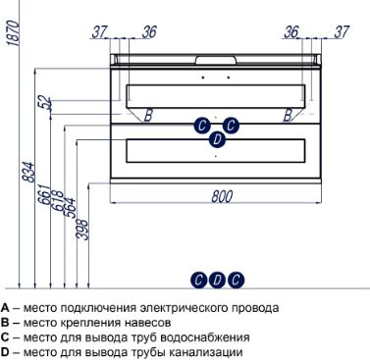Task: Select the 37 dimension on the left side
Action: pyautogui.click(x=98, y=31)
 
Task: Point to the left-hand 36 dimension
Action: pyautogui.click(x=149, y=31)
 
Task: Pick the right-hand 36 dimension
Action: pyautogui.click(x=291, y=31)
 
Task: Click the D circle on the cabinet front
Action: pyautogui.click(x=217, y=140)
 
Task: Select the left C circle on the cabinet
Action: pyautogui.click(x=201, y=125)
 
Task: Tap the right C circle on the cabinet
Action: pyautogui.click(x=231, y=125)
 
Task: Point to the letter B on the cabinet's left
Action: pyautogui.click(x=148, y=116)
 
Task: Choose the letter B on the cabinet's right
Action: pyautogui.click(x=288, y=116)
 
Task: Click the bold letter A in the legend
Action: pyautogui.click(x=6, y=307)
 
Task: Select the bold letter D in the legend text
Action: pyautogui.click(x=6, y=352)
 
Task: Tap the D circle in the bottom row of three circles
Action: pyautogui.click(x=217, y=280)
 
